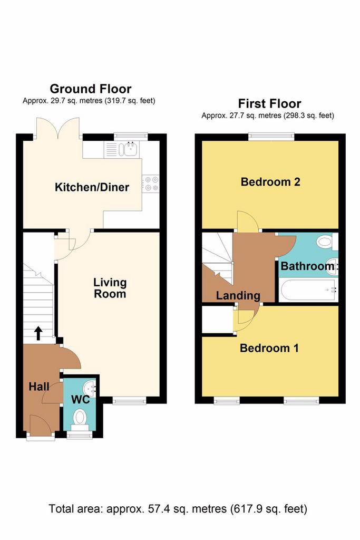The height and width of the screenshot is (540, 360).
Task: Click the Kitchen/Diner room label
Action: click(x=92, y=187)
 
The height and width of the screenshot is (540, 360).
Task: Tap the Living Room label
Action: click(x=110, y=288)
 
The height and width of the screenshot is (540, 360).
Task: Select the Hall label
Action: click(x=39, y=387)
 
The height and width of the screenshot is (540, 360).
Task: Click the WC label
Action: click(x=81, y=400)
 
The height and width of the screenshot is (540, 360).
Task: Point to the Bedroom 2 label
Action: click(x=270, y=182)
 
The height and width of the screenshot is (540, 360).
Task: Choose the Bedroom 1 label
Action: click(x=269, y=348)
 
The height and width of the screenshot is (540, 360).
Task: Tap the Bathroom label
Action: click(x=307, y=266)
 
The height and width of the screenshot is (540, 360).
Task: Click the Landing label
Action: click(x=238, y=295)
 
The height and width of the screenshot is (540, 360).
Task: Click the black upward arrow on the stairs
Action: click(x=38, y=333)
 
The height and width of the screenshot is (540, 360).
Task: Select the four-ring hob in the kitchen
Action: click(x=151, y=184)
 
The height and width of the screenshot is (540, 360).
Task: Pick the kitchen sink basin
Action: click(x=131, y=150)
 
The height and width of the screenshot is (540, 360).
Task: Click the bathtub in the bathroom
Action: click(x=308, y=290)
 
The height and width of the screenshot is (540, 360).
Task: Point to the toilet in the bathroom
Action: click(x=327, y=242)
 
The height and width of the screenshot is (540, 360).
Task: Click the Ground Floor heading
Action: click(x=91, y=89)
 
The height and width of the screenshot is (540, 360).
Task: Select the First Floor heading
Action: click(x=269, y=103)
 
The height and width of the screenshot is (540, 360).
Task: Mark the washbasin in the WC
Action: click(x=92, y=388)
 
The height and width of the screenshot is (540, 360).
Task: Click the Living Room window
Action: click(x=130, y=400)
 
